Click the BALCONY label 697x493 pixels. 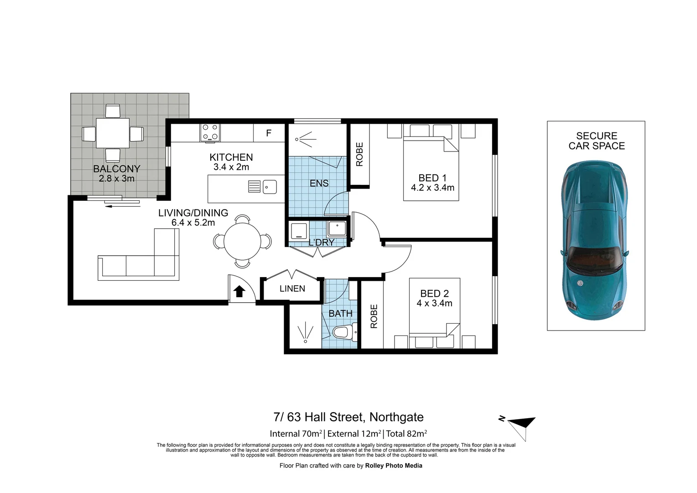coord(116,169)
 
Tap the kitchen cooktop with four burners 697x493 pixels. coord(210,132)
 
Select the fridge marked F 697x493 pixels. coord(269,133)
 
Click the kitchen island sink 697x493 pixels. coord(270,187)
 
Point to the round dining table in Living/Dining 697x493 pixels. coord(242,241)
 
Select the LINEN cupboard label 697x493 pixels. coord(292,288)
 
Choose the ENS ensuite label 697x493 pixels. coord(319,183)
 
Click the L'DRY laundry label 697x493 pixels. coord(322,242)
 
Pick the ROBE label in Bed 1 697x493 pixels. coord(359,154)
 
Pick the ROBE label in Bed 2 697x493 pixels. coord(374,316)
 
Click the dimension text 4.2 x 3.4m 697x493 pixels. coord(432,188)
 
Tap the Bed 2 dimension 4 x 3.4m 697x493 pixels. coord(434,304)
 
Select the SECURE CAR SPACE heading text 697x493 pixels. coord(596,141)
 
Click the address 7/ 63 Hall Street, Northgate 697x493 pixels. coord(348,417)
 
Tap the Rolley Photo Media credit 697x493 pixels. coord(393,466)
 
